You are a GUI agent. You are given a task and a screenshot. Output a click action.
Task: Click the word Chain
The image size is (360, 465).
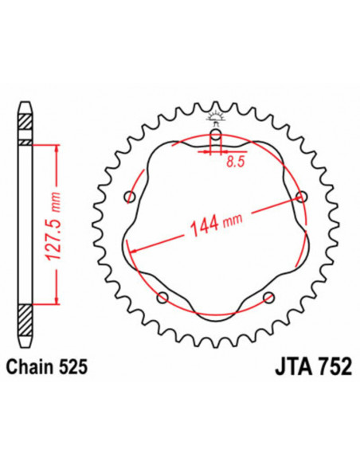[29, 366]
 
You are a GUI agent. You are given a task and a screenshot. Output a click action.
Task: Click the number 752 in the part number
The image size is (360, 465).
[323, 366]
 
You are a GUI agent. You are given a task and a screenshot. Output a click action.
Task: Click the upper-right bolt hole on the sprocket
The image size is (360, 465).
[300, 197]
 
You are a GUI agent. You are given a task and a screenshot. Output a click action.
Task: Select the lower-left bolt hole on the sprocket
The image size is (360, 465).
[163, 298]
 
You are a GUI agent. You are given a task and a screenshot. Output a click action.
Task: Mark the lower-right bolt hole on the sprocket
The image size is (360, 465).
[266, 298]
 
